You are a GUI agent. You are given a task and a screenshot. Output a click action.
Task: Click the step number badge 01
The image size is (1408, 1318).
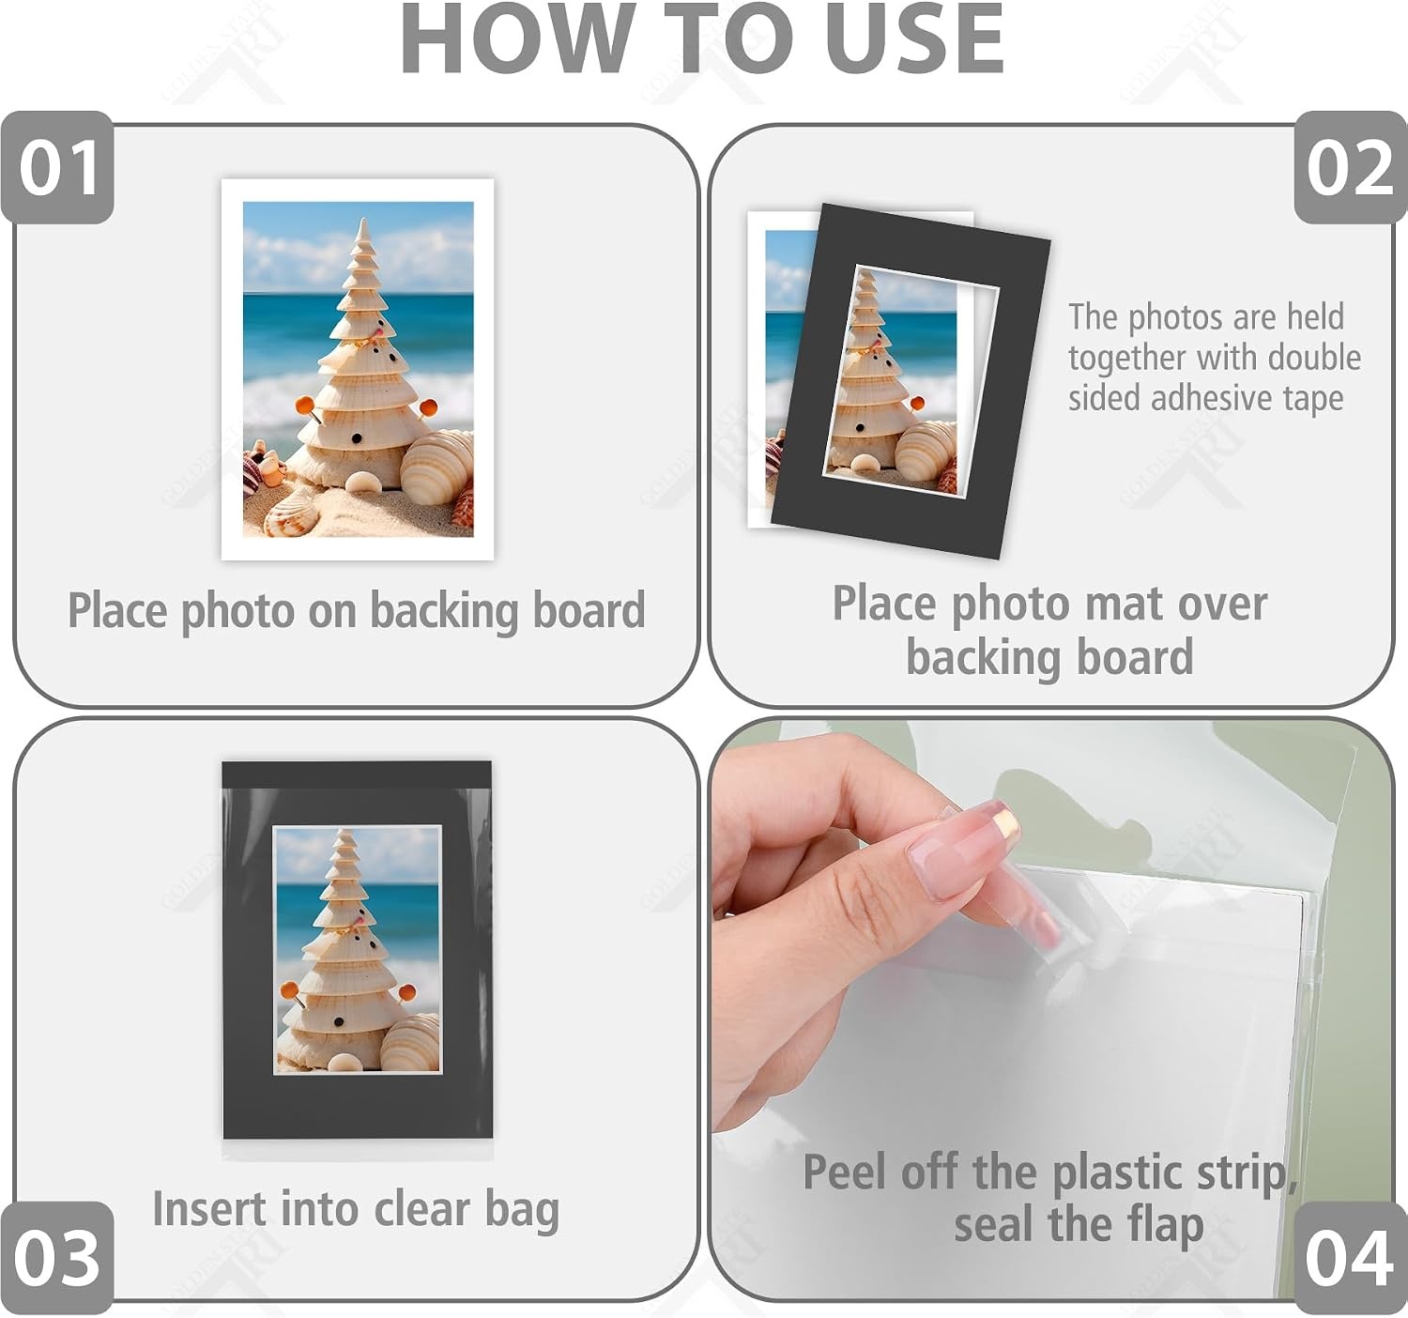pyautogui.click(x=57, y=167)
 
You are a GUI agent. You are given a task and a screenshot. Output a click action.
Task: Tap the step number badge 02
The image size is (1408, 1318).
pyautogui.click(x=1351, y=167)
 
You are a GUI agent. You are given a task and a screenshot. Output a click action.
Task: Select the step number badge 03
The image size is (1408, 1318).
pyautogui.click(x=57, y=1258)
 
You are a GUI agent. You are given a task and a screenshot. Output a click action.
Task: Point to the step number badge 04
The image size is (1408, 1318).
pyautogui.click(x=1351, y=1258)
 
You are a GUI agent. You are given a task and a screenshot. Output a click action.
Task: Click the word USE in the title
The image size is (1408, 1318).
pyautogui.click(x=914, y=39)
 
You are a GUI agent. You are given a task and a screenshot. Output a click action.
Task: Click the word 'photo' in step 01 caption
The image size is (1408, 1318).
pyautogui.click(x=237, y=611)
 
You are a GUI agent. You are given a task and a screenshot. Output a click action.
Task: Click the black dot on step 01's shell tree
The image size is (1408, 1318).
pyautogui.click(x=357, y=437)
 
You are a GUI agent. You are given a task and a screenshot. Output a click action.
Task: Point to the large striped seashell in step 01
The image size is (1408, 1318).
pyautogui.click(x=436, y=467)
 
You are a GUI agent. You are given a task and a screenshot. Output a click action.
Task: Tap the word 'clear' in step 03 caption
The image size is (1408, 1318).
pyautogui.click(x=421, y=1209)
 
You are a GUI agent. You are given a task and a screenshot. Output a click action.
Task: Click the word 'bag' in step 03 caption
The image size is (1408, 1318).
pyautogui.click(x=522, y=1212)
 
